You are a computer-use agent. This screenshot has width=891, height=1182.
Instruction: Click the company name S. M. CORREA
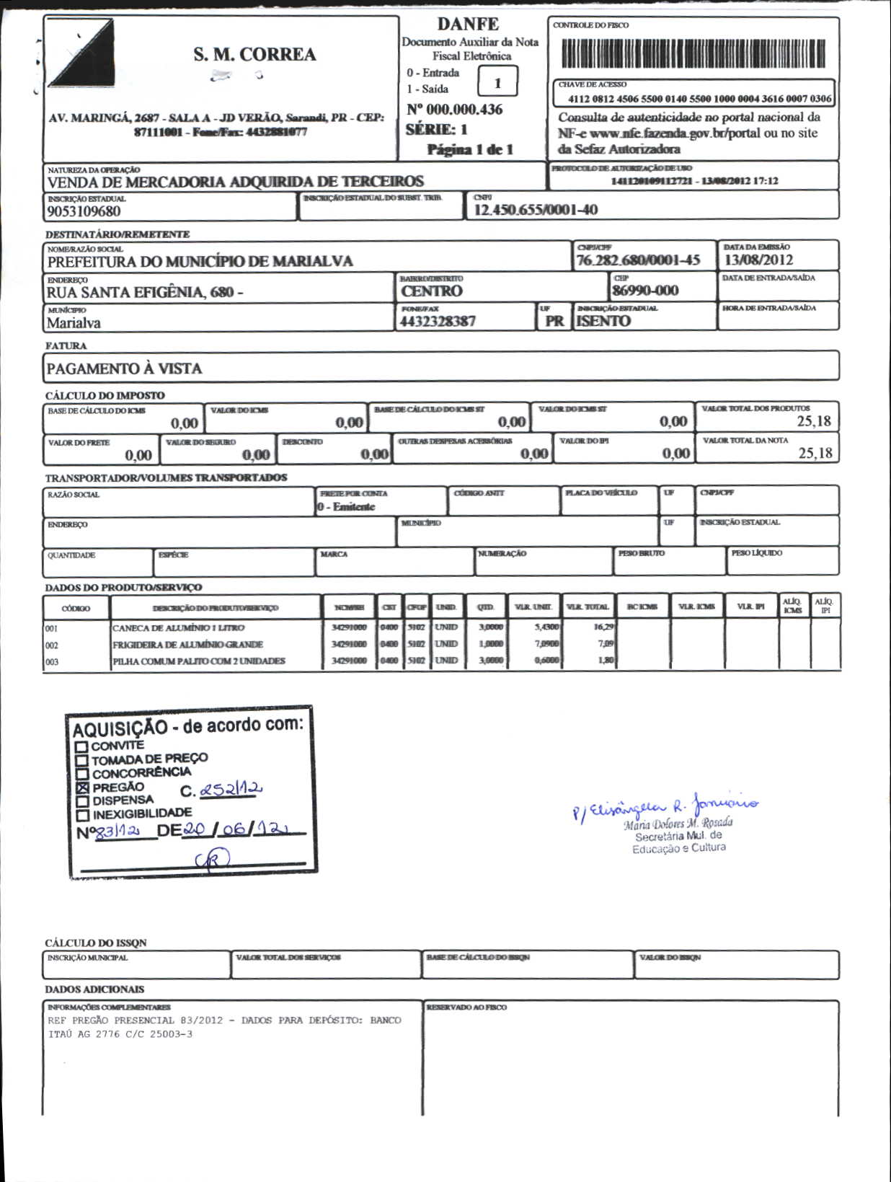254,55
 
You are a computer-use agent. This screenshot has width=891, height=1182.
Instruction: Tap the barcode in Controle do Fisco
693,53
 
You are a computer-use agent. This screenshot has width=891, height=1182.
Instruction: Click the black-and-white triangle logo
80,53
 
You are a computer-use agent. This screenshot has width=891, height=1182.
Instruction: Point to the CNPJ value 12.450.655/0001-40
535,210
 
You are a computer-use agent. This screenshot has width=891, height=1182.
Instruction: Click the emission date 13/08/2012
758,260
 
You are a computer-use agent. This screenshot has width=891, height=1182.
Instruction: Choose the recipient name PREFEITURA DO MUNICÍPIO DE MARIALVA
200,261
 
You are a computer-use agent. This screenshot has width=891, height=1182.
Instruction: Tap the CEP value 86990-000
644,291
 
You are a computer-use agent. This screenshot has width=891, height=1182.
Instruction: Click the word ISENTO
603,322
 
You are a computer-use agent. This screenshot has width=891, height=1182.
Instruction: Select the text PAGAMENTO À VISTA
124,369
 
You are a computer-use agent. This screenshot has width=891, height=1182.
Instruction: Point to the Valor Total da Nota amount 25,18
815,453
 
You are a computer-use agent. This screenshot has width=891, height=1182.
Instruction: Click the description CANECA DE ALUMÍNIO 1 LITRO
178,628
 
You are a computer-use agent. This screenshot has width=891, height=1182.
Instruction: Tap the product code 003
52,661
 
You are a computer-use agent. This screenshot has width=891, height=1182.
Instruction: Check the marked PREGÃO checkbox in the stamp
82,788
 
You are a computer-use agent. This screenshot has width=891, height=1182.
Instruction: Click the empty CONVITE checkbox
81,747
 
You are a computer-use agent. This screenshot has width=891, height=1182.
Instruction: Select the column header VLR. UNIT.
533,607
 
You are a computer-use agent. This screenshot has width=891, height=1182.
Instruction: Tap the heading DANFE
468,24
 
